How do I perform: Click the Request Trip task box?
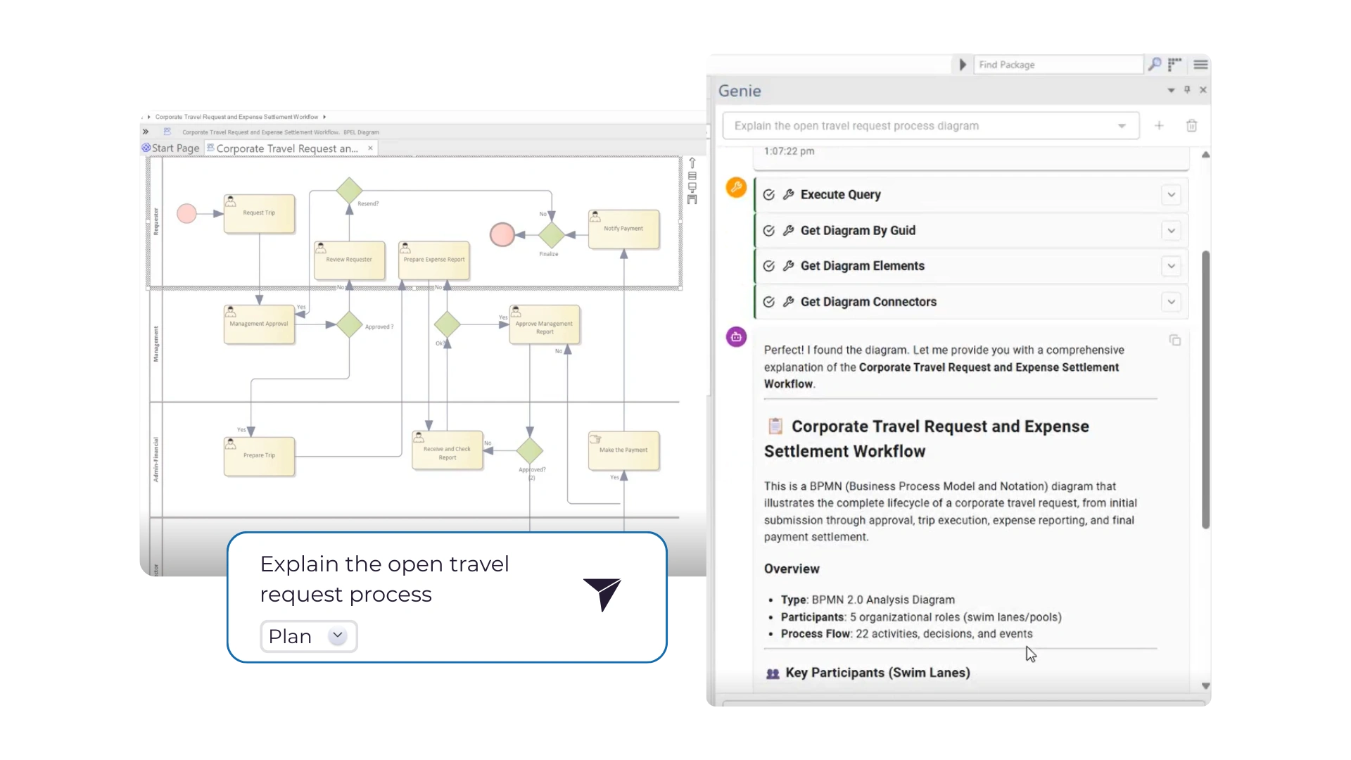[x=259, y=213]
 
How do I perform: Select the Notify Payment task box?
[x=623, y=229]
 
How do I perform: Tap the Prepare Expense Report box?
[x=434, y=260]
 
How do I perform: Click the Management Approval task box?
[x=259, y=324]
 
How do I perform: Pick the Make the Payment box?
[x=623, y=450]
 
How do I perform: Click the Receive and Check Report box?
[x=448, y=450]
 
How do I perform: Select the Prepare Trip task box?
[x=259, y=456]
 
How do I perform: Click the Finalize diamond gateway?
[x=552, y=235]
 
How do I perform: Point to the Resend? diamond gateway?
[x=349, y=191]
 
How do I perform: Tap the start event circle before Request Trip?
[x=186, y=213]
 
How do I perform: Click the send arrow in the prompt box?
[x=602, y=594]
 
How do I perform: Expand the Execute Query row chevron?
[x=1171, y=195]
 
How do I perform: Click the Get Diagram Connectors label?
[x=868, y=302]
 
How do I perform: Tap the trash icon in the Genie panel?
[x=1191, y=126]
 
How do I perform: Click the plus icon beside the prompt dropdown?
[x=1159, y=126]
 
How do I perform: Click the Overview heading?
[x=792, y=569]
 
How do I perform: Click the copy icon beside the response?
[x=1175, y=341]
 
